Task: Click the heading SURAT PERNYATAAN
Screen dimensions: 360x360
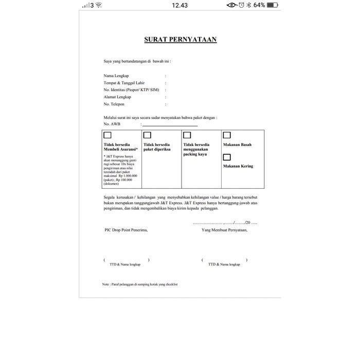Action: click(180, 39)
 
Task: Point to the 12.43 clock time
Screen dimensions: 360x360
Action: click(179, 5)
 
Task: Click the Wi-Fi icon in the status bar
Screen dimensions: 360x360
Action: click(98, 5)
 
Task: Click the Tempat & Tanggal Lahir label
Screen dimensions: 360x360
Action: click(124, 83)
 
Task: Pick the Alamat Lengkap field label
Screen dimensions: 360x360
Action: click(117, 97)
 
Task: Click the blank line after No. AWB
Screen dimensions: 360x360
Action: click(170, 125)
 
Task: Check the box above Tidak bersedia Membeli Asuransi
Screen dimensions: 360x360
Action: click(107, 135)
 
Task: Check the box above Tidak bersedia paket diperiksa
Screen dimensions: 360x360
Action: click(147, 135)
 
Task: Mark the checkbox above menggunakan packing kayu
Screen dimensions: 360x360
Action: click(187, 135)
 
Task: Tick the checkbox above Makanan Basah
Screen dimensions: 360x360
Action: click(227, 135)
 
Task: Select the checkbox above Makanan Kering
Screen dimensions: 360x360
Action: click(227, 157)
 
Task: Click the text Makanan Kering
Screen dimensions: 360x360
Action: click(238, 166)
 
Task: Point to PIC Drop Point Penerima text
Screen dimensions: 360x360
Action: click(125, 230)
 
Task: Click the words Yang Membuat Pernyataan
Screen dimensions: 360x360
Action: click(225, 230)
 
